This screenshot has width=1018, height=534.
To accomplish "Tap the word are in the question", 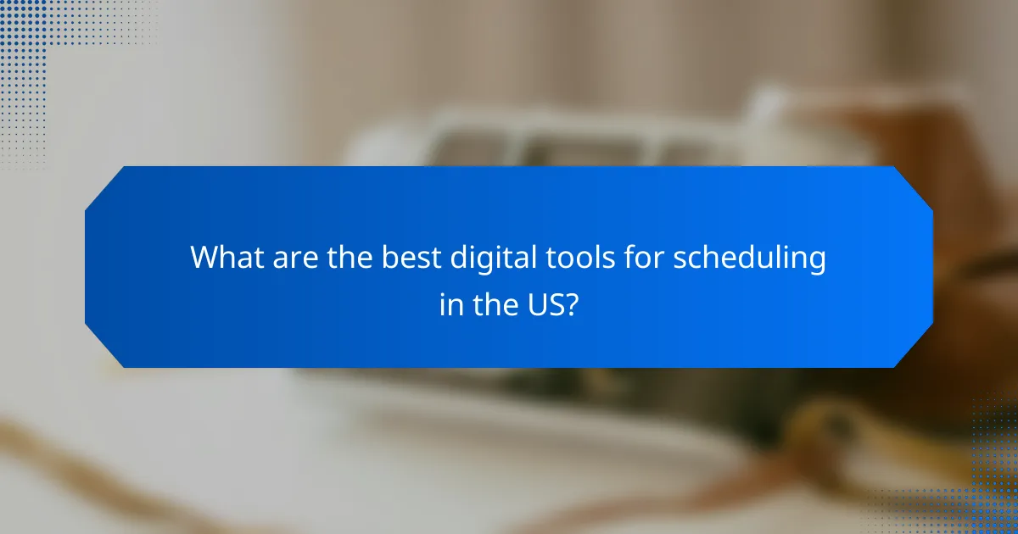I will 294,258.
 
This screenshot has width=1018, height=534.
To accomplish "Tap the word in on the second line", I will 450,303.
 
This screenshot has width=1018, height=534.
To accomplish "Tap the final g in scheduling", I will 817,261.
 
